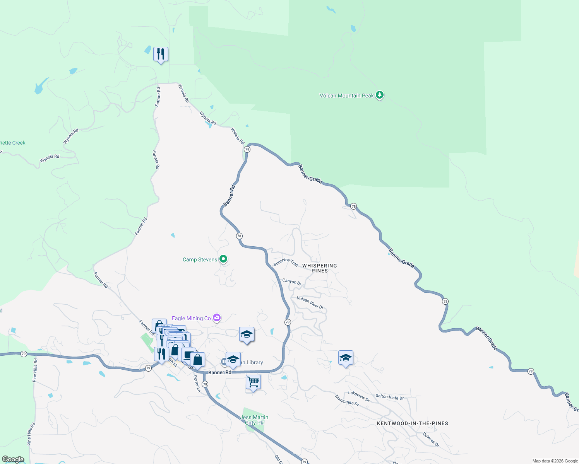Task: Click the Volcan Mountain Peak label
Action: pos(346,96)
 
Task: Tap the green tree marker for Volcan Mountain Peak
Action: pos(380,95)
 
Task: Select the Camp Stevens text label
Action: pos(200,259)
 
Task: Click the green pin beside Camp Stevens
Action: pos(223,259)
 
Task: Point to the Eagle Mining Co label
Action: pos(191,318)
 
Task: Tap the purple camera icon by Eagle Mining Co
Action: pos(217,318)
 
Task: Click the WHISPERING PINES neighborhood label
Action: pos(319,268)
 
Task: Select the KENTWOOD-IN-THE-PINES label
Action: pos(413,423)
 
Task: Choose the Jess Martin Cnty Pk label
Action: pos(254,420)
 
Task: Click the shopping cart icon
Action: pos(253,382)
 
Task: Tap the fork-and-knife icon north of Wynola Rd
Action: pos(161,54)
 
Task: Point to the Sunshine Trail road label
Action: pos(286,262)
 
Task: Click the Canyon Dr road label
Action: pos(292,282)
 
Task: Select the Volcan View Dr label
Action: pos(310,303)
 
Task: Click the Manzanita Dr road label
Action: pos(347,400)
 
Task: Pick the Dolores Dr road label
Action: pos(431,440)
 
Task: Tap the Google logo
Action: pos(13,459)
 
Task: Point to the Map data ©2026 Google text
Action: pos(555,461)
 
